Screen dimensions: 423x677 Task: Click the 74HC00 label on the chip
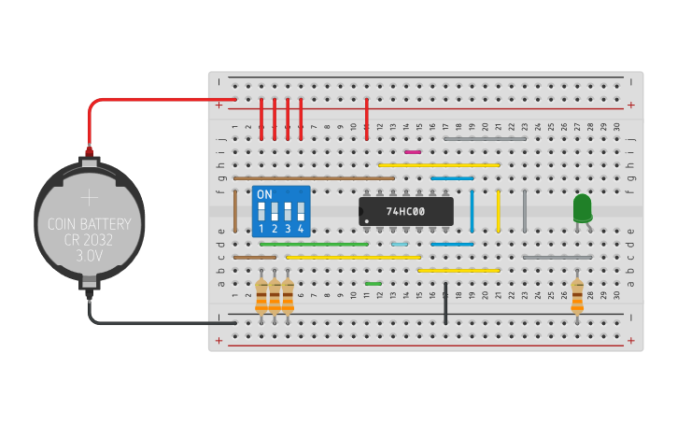click(405, 212)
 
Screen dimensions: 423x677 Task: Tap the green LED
click(582, 207)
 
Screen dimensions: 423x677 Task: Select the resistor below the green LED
click(577, 296)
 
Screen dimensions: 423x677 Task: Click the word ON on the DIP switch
click(264, 194)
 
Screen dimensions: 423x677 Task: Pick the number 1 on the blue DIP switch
click(261, 229)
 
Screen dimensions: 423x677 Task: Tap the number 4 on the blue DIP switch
click(301, 229)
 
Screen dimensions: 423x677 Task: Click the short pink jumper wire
click(413, 151)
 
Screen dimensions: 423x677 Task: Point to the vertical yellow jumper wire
click(499, 211)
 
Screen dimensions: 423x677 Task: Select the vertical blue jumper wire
click(472, 211)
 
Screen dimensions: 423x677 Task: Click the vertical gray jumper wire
click(525, 211)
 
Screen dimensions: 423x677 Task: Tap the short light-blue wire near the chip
click(400, 244)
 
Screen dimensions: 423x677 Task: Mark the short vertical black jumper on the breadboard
click(446, 303)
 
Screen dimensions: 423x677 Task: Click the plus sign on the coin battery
click(90, 198)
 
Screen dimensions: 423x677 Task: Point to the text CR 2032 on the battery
click(90, 239)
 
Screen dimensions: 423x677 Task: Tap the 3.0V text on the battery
click(90, 254)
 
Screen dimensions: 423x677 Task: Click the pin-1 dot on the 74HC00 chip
click(367, 221)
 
